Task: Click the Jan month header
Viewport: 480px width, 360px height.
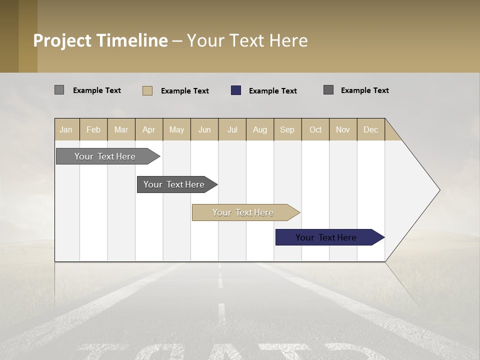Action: pos(66,129)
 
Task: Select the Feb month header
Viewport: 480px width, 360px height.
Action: pos(93,129)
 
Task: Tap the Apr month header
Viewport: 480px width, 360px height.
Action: pos(149,129)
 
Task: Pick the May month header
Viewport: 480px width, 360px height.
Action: pos(176,129)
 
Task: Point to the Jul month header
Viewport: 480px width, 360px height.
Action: pos(232,129)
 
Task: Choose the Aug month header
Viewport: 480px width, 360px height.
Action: pos(260,129)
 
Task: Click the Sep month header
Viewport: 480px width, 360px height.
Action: pos(287,129)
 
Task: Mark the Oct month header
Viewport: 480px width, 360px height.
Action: pos(315,129)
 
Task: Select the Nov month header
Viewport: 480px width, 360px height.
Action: pos(343,129)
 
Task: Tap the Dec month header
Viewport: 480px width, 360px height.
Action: pos(371,129)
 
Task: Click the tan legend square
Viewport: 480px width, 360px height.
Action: pos(147,90)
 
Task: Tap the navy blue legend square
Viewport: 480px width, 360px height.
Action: pos(236,90)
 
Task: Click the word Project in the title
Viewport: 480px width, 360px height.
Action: pos(63,40)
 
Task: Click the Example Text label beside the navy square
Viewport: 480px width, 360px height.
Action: pos(273,91)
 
